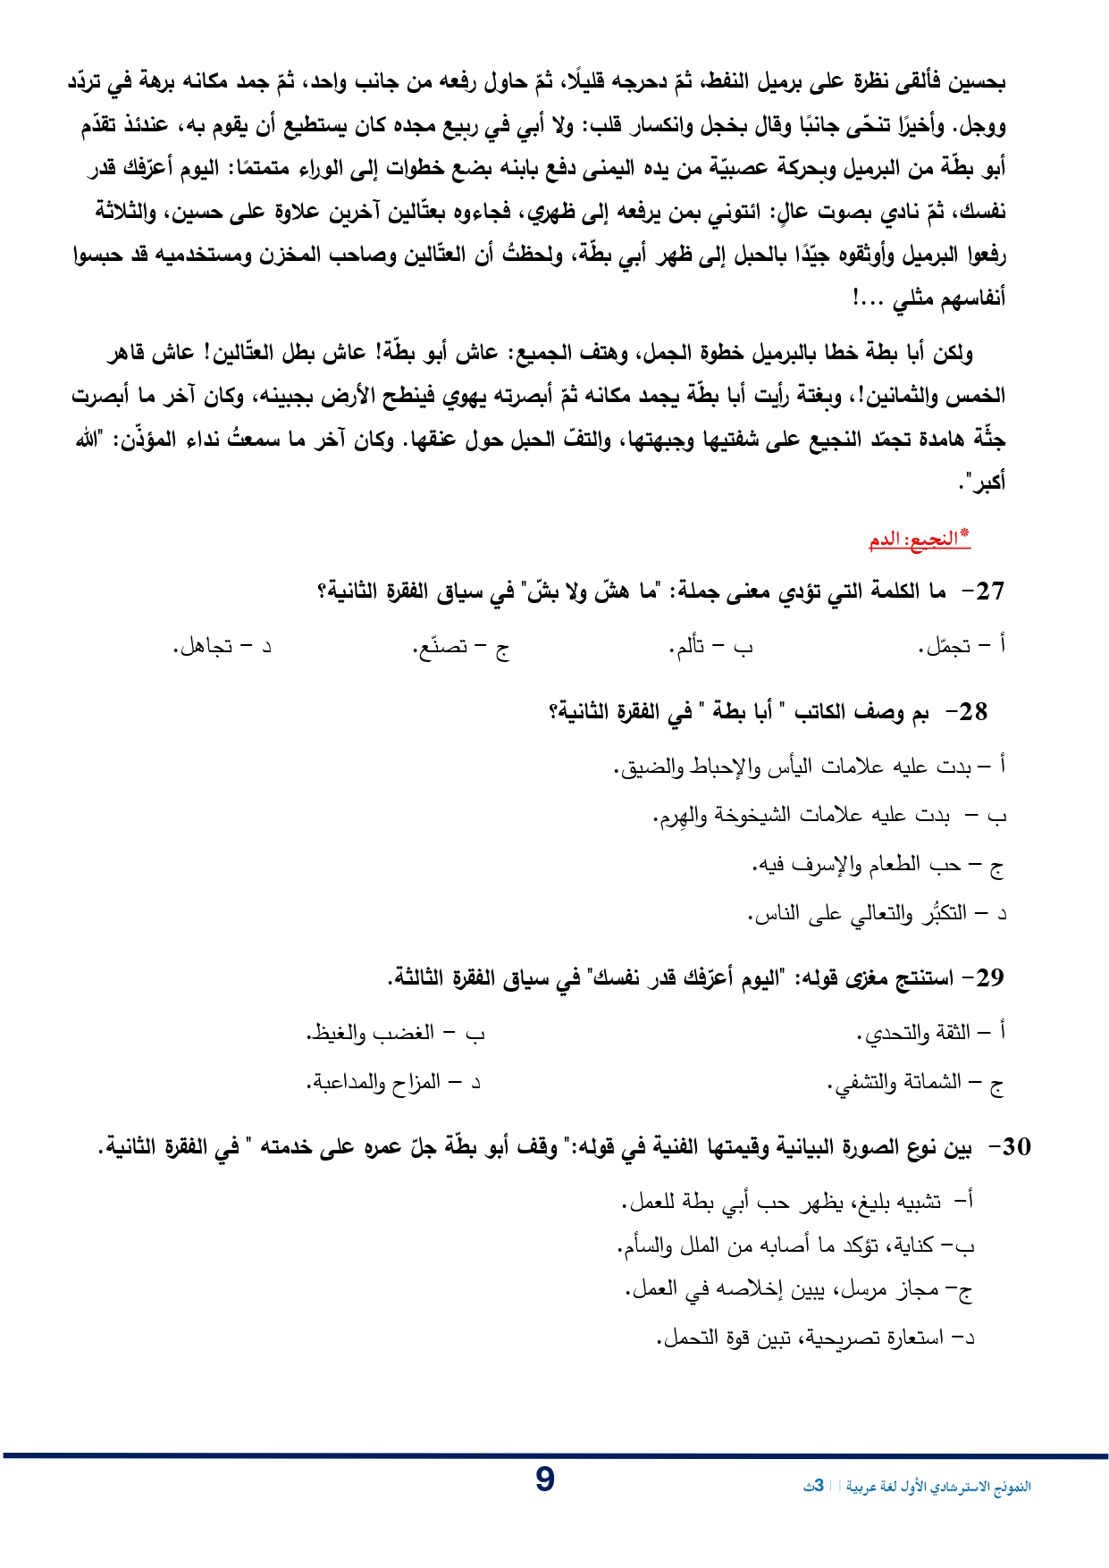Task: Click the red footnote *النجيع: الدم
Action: click(x=920, y=539)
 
